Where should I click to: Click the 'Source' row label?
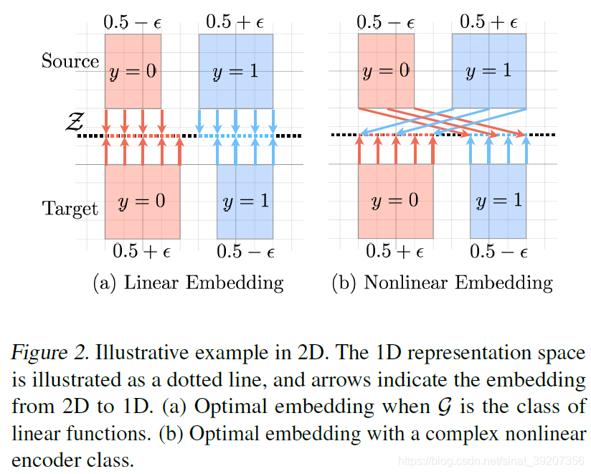pyautogui.click(x=70, y=61)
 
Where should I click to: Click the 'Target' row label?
pyautogui.click(x=70, y=209)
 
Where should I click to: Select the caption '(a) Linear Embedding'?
pyautogui.click(x=189, y=283)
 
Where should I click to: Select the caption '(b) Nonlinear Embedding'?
pyautogui.click(x=442, y=283)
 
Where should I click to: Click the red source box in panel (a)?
pyautogui.click(x=133, y=70)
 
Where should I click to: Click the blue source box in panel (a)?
pyautogui.click(x=236, y=70)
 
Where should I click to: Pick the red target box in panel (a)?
pyautogui.click(x=142, y=202)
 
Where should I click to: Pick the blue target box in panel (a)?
pyautogui.click(x=245, y=202)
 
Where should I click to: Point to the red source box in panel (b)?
pyautogui.click(x=386, y=70)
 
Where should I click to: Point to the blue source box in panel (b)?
pyautogui.click(x=488, y=70)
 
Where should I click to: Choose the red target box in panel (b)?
pyautogui.click(x=395, y=202)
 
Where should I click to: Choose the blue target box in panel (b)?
pyautogui.click(x=498, y=202)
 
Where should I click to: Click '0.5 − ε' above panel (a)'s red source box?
pyautogui.click(x=133, y=22)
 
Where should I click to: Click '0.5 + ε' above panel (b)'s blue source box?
pyautogui.click(x=488, y=22)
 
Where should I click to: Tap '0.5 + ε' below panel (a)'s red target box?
pyautogui.click(x=142, y=251)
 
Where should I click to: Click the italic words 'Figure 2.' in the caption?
pyautogui.click(x=47, y=354)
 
